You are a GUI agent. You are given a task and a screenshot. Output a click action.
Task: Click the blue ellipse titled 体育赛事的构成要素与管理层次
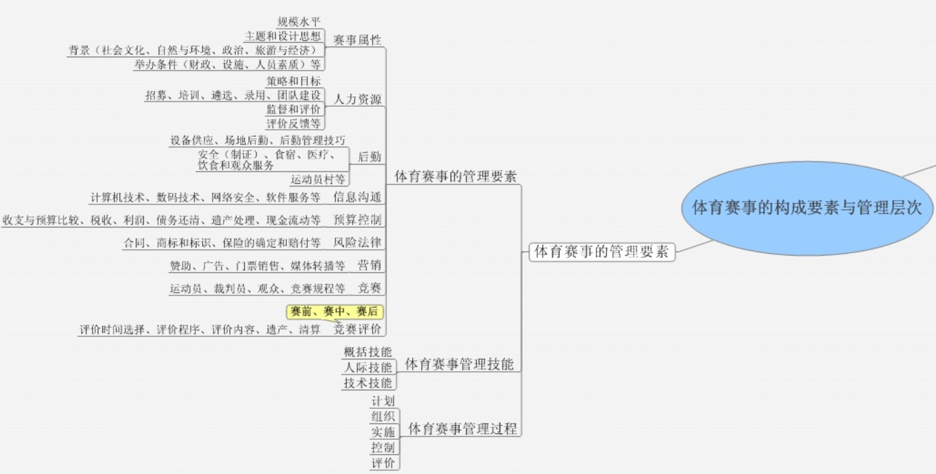click(807, 208)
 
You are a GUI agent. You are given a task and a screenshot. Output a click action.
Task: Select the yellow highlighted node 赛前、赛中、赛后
click(335, 312)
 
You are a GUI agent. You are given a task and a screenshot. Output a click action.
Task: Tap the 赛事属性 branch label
click(357, 40)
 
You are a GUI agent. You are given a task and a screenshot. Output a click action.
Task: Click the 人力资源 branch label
click(358, 99)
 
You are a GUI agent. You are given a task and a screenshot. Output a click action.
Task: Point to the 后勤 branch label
click(369, 157)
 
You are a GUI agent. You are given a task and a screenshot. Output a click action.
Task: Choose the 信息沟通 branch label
click(357, 197)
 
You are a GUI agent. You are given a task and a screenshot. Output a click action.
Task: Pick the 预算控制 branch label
click(357, 220)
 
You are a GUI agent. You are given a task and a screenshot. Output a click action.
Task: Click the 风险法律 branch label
click(357, 243)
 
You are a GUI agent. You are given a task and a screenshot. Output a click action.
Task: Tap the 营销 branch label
click(369, 265)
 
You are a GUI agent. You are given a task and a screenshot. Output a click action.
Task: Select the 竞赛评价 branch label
click(357, 329)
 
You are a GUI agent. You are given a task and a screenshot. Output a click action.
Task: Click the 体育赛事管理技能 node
click(459, 364)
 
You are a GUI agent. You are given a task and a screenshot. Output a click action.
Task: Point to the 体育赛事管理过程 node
click(462, 429)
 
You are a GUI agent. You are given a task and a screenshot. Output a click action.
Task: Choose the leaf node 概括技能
click(368, 352)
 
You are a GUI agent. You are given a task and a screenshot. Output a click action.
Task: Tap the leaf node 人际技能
click(368, 368)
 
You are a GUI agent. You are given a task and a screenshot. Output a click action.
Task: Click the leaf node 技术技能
click(368, 383)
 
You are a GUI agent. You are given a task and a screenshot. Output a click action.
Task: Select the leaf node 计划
click(383, 401)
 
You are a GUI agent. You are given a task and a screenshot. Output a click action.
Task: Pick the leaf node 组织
click(383, 417)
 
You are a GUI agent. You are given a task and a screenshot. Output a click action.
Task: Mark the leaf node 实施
click(383, 432)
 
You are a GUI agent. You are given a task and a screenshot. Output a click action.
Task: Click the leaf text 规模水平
click(299, 22)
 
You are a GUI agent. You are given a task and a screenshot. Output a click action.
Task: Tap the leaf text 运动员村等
click(318, 180)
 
